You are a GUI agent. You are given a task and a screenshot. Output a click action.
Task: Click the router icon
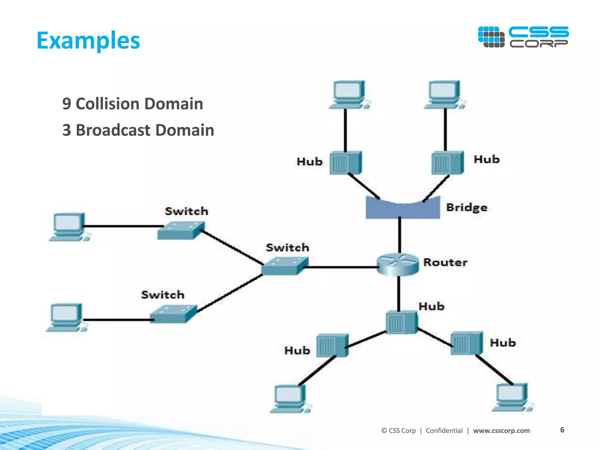(x=398, y=264)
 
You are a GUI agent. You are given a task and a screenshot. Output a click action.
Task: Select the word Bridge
(x=467, y=207)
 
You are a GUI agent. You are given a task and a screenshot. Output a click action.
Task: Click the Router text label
(x=445, y=262)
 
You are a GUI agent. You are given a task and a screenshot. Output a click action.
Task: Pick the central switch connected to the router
(x=285, y=266)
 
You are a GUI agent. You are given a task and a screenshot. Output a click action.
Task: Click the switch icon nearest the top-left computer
(x=181, y=231)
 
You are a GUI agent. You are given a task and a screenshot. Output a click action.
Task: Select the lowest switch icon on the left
(x=173, y=314)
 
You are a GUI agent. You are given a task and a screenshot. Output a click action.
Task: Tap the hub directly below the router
(x=402, y=322)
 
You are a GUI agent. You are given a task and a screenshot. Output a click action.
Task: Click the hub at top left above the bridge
(x=346, y=163)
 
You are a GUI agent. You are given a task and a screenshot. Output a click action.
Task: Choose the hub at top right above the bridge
(x=447, y=163)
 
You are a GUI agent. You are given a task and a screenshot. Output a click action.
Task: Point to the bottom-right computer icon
(x=512, y=398)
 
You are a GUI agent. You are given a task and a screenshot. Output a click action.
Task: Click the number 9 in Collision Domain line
(x=66, y=104)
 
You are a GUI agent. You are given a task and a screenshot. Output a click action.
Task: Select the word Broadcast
(x=113, y=130)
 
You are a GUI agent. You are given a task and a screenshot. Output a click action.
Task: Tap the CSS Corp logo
(x=523, y=37)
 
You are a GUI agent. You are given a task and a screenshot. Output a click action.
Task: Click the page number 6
(x=562, y=430)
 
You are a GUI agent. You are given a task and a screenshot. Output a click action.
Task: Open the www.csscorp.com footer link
(x=501, y=430)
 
